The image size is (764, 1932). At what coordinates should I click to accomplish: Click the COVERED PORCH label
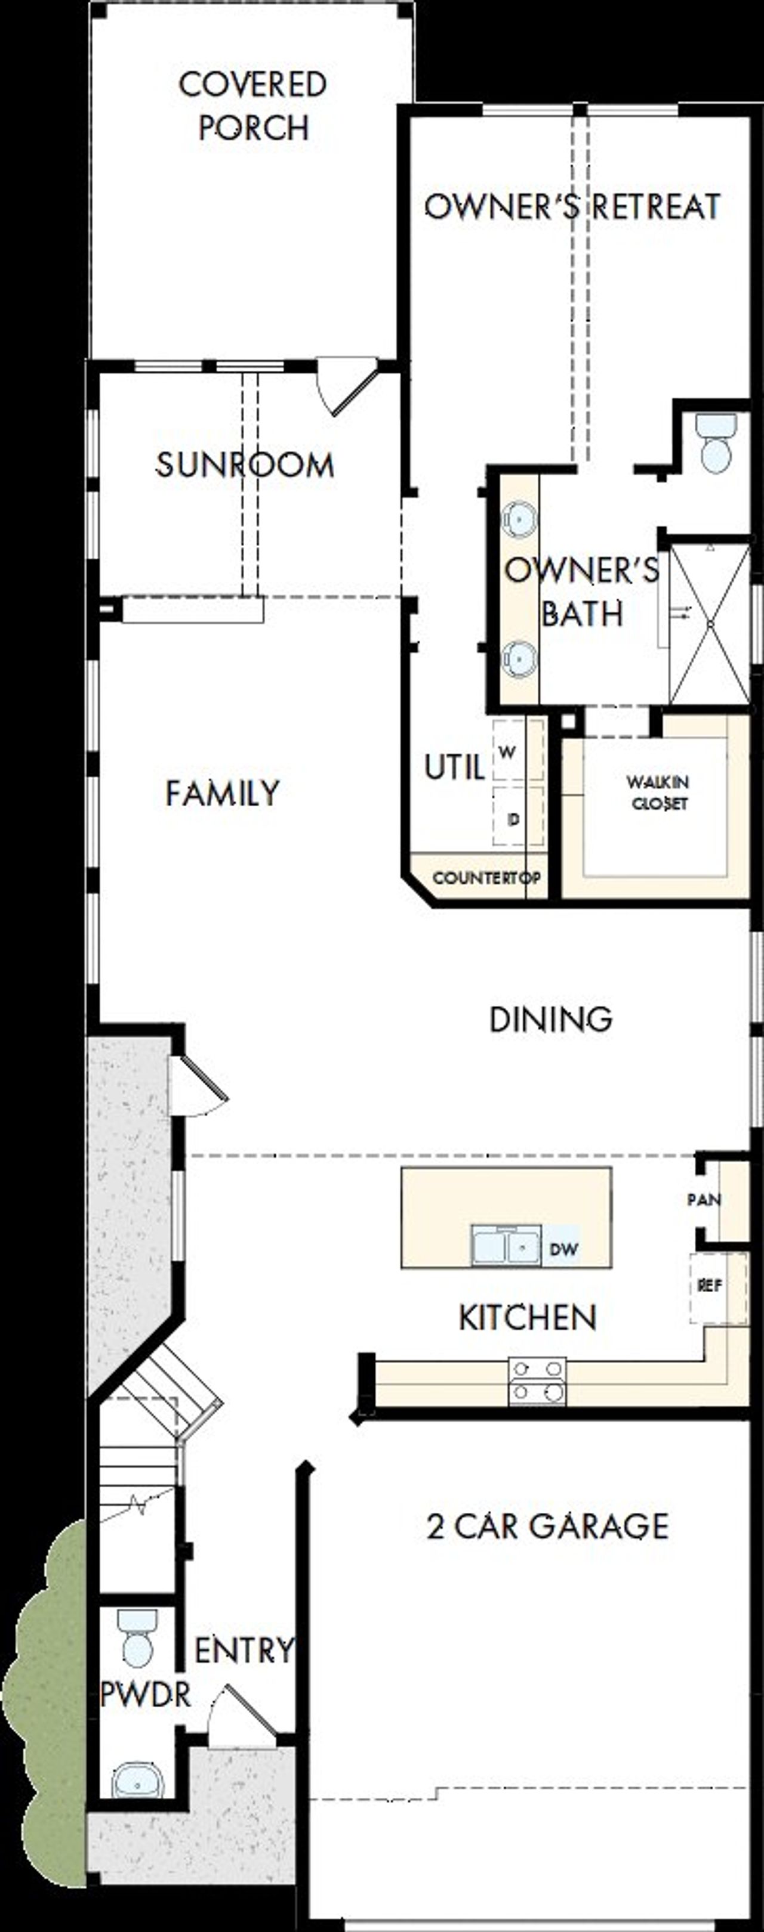tap(253, 106)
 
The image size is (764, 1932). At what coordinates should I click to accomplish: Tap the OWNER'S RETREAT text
tap(572, 207)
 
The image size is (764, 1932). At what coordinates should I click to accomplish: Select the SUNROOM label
tap(245, 465)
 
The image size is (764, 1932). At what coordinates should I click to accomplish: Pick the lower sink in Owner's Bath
tap(519, 657)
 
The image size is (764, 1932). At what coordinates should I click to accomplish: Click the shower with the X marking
tap(708, 624)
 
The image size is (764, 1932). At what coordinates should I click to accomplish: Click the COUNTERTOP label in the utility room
tap(486, 878)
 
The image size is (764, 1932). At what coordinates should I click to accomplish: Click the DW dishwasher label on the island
tap(563, 1249)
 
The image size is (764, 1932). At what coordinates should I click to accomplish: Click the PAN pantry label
tap(703, 1199)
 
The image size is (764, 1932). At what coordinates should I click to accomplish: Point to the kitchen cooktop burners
tap(537, 1381)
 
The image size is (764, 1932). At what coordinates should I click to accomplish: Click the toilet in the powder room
tap(137, 1638)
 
